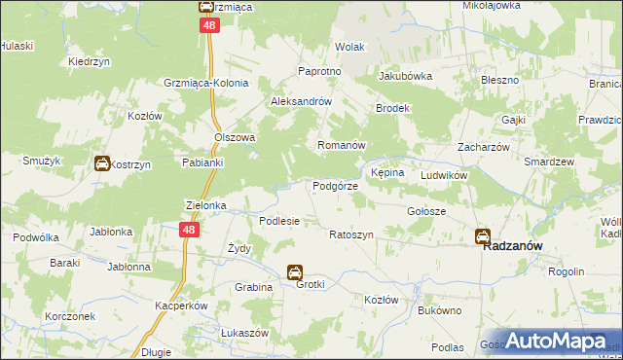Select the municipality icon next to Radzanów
(x=482, y=235)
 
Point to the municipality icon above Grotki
(x=295, y=272)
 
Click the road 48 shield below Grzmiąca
(x=208, y=27)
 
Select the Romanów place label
(x=341, y=145)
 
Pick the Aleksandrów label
(x=302, y=101)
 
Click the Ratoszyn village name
(x=351, y=235)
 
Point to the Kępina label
(x=386, y=172)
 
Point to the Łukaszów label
(x=244, y=333)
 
